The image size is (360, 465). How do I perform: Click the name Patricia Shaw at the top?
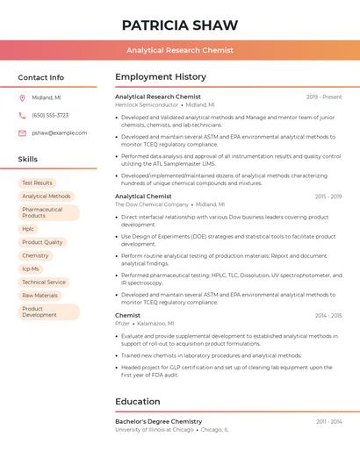pos(179,25)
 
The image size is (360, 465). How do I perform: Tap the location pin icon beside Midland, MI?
pos(22,98)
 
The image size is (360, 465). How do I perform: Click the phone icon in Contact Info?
pos(22,115)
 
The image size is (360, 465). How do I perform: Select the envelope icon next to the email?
pos(22,132)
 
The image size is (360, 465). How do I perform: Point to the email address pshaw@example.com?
pos(59,132)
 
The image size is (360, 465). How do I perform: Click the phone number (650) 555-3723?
pos(50,115)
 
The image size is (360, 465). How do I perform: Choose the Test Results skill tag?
pos(37,182)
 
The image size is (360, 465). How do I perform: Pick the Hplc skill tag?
pos(28,228)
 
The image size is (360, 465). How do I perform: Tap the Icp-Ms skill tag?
pos(31,268)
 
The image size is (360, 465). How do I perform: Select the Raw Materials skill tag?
pos(40,296)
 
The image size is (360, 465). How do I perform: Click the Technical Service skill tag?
pos(44,282)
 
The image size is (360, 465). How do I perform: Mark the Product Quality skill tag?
pos(42,242)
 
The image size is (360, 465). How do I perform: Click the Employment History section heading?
pos(161,76)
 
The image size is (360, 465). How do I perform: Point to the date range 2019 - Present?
pos(324,97)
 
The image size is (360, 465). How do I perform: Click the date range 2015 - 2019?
pos(328,197)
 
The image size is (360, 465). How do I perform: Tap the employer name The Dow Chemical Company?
pos(152,204)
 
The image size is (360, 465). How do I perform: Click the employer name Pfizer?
pos(122,323)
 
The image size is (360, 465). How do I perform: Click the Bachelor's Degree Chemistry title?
pos(158,421)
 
